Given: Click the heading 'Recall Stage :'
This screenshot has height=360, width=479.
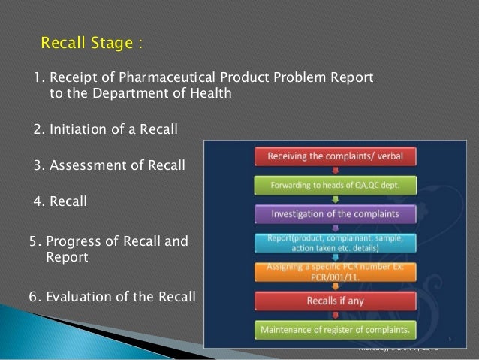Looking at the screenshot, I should [x=91, y=41].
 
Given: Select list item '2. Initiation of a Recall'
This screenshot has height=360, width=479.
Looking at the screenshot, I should [x=106, y=130].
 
